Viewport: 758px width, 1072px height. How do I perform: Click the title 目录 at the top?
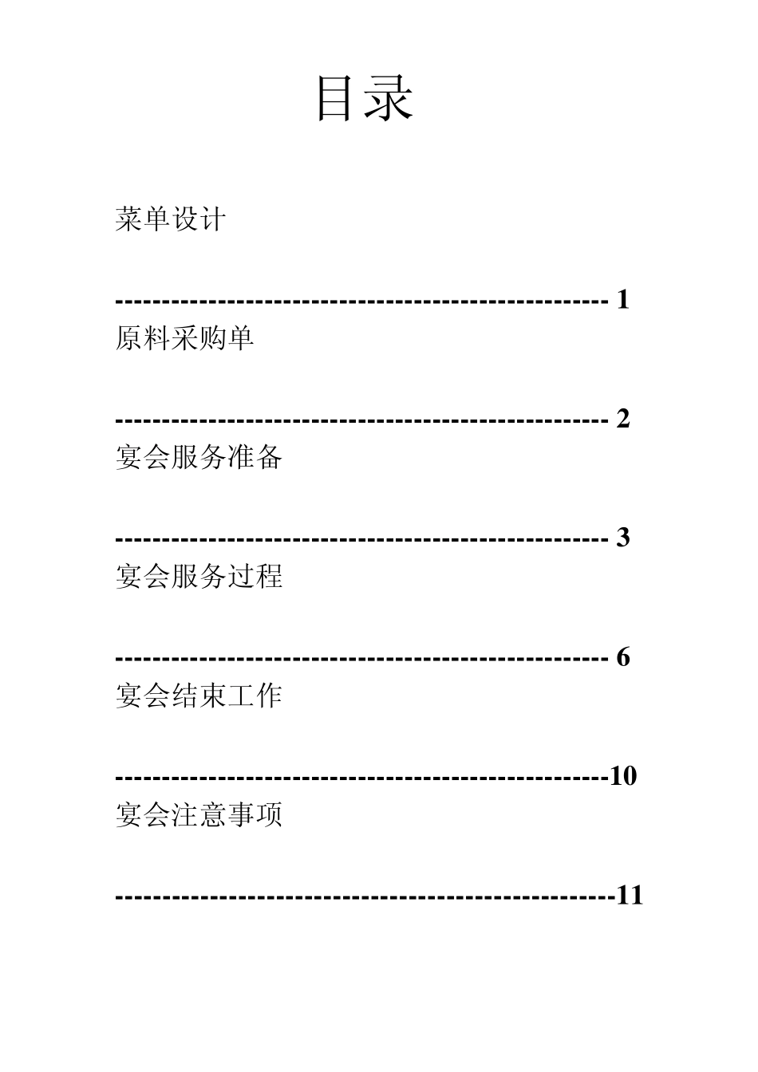point(365,99)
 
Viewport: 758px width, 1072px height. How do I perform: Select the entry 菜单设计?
point(171,219)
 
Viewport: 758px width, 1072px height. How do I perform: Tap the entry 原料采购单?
point(185,338)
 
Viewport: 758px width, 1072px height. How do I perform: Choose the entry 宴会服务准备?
point(199,457)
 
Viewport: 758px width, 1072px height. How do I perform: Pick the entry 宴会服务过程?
point(199,576)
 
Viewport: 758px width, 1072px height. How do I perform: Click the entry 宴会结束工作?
point(199,696)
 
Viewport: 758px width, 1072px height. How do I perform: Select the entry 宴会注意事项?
point(199,814)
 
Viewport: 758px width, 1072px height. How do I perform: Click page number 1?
point(623,300)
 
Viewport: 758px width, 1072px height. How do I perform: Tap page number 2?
point(623,419)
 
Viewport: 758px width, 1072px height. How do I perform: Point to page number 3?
point(623,538)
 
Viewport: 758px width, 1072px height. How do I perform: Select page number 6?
point(623,657)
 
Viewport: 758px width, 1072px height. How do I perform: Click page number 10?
point(623,776)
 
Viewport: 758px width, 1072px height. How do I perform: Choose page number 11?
point(630,896)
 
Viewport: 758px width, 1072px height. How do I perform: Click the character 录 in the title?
point(389,99)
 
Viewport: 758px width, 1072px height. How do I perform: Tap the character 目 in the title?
point(336,99)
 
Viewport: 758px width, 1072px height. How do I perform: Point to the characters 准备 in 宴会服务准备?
point(255,457)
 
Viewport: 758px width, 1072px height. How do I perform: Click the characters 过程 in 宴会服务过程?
point(255,576)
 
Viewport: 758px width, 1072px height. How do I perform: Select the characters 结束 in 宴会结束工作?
point(199,696)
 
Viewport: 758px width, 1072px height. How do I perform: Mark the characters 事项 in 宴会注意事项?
point(255,814)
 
